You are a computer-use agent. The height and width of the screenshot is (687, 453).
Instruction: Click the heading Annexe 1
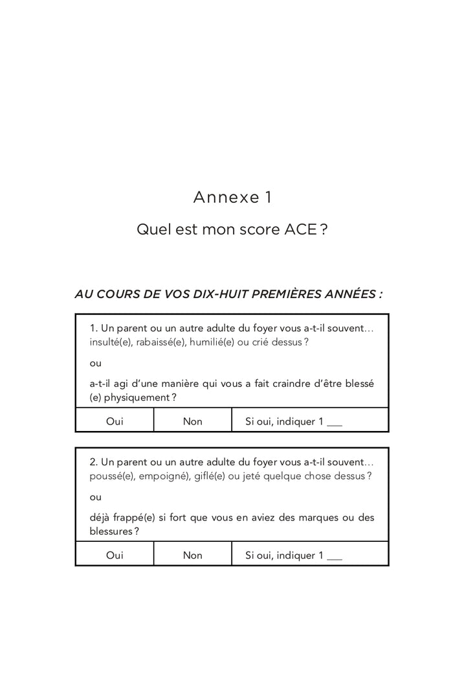tap(232, 198)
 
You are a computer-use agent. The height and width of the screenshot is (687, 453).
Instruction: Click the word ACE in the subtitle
tap(301, 230)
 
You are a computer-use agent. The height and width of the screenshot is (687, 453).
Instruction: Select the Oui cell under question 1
tap(115, 421)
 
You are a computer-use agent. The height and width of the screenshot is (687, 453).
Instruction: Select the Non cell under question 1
tap(193, 421)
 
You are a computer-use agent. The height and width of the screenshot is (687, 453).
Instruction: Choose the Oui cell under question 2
tap(115, 555)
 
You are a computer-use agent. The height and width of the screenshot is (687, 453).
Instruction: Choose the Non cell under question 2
tap(193, 555)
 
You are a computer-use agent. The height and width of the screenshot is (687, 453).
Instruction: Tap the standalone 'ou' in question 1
tap(95, 363)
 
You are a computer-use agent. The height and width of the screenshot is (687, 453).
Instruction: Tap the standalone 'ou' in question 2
tap(95, 497)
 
